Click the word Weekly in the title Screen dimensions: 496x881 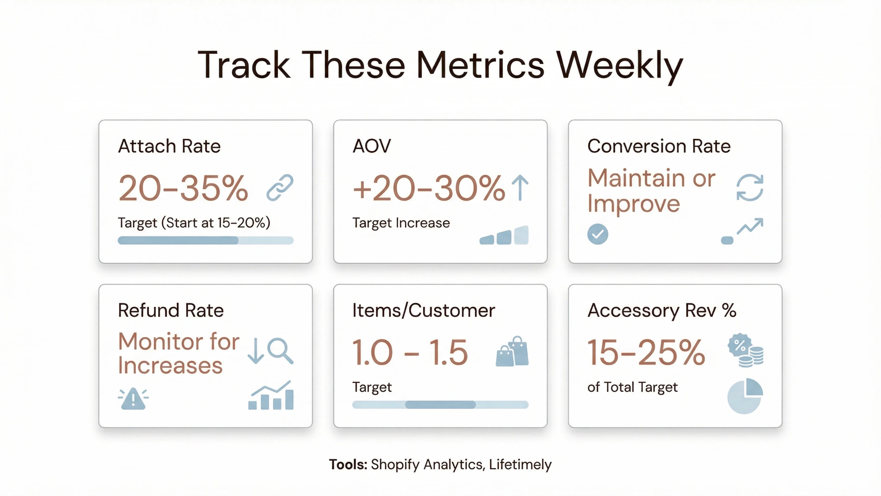(x=619, y=65)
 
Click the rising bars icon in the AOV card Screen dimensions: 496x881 (x=504, y=235)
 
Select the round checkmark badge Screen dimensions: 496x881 (x=598, y=234)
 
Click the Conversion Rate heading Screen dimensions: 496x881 (x=659, y=146)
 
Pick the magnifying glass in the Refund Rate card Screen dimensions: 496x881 (x=280, y=351)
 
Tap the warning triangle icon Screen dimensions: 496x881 (x=133, y=399)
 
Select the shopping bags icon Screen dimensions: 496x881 (x=512, y=352)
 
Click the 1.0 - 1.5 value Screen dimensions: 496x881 (x=410, y=352)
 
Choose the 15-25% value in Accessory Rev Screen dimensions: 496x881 (x=646, y=352)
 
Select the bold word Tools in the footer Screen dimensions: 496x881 (x=348, y=464)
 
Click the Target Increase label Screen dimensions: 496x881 (x=401, y=223)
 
